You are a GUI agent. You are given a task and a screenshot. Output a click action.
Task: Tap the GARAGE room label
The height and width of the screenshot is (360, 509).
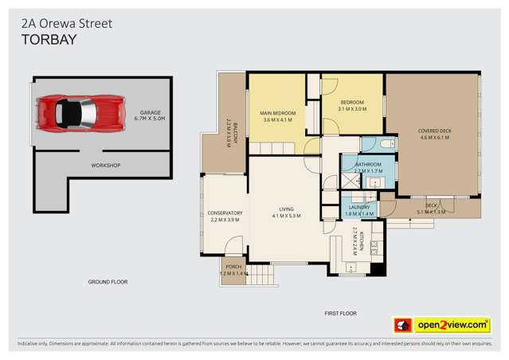click(x=151, y=115)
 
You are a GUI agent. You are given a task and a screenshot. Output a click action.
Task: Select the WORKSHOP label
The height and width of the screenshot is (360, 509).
click(x=105, y=165)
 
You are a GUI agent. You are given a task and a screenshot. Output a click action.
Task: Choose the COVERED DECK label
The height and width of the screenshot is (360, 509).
click(x=434, y=134)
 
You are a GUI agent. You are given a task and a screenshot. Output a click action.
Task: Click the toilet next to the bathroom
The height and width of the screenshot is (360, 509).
click(x=386, y=144)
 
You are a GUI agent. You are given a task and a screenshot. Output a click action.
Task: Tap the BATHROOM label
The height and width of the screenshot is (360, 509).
click(x=368, y=167)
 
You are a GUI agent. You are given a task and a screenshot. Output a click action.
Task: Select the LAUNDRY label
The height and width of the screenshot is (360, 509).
click(x=360, y=210)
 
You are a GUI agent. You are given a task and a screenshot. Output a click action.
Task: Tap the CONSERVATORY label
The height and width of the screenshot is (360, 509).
click(x=224, y=216)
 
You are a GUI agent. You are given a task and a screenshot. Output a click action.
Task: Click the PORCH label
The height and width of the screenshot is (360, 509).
click(x=233, y=270)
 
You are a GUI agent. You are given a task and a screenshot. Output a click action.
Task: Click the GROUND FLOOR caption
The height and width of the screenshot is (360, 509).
click(x=108, y=282)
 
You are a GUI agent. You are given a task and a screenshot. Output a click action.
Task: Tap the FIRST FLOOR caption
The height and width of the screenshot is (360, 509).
click(x=340, y=314)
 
